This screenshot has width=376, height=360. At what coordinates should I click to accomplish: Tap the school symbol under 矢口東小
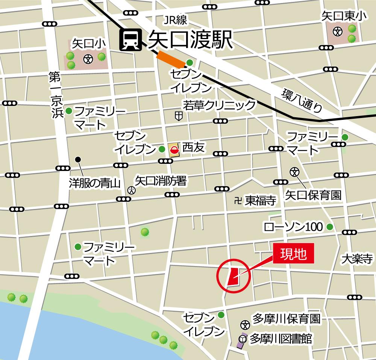(x=339, y=32)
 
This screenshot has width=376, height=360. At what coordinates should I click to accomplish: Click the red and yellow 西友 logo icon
(x=174, y=149)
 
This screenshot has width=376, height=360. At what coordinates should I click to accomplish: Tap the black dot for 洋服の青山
(x=78, y=159)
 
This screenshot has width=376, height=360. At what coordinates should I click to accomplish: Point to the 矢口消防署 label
(x=161, y=181)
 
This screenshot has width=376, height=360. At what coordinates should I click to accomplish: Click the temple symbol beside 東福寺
(x=237, y=201)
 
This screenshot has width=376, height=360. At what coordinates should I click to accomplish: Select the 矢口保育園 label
(x=313, y=195)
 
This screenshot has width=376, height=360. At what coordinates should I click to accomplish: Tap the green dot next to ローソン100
(x=330, y=227)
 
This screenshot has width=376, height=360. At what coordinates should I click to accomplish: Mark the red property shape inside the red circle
(x=232, y=276)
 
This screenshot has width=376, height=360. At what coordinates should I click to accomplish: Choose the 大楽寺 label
(x=357, y=259)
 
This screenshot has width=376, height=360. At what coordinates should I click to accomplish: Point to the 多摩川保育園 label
(x=286, y=319)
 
